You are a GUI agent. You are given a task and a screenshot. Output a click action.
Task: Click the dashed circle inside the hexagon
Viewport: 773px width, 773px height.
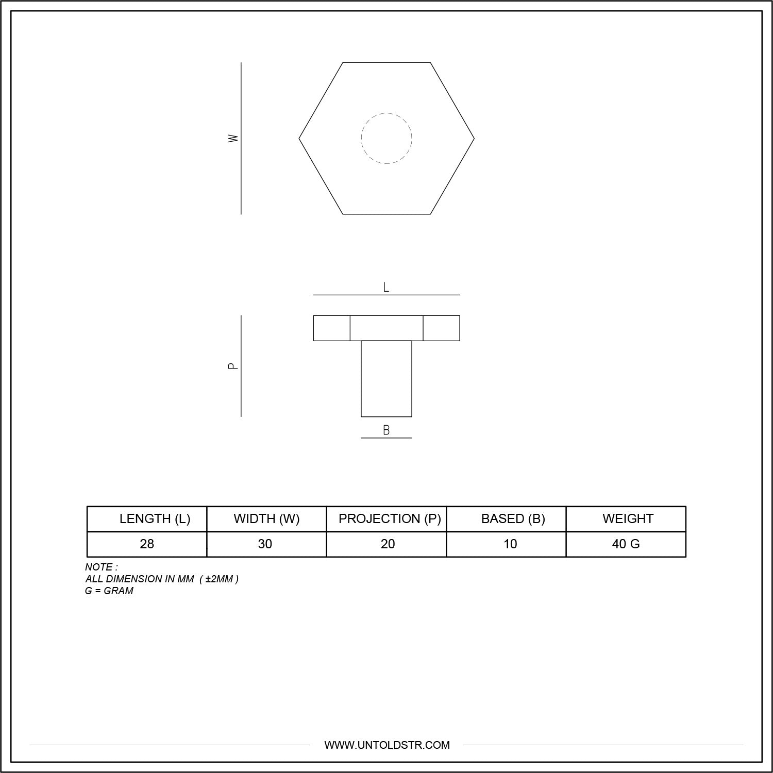(x=386, y=138)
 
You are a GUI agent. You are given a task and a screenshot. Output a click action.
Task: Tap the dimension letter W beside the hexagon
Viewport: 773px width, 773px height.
(x=233, y=138)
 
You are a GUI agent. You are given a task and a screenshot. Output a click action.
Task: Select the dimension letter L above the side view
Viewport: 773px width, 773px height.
(x=386, y=288)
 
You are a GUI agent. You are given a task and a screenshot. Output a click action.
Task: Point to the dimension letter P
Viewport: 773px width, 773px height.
(x=233, y=366)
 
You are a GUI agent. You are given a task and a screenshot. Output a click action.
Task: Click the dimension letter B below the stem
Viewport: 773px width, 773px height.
(x=386, y=430)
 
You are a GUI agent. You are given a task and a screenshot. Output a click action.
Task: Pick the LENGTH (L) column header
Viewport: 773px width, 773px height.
(x=155, y=518)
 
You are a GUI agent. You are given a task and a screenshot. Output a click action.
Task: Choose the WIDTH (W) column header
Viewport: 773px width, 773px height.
(x=266, y=518)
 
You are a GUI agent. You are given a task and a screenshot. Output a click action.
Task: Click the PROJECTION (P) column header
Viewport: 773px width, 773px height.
(x=390, y=518)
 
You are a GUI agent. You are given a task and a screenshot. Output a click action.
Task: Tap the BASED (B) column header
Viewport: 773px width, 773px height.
(x=513, y=518)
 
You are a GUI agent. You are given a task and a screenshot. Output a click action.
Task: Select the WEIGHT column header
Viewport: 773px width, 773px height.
(x=628, y=518)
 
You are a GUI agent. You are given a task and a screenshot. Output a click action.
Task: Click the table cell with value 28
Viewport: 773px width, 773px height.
(x=147, y=544)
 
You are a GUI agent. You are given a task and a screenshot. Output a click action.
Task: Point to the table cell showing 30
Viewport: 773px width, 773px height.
(x=265, y=544)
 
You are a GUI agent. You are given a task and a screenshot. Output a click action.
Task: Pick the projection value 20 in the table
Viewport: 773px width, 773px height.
(x=388, y=544)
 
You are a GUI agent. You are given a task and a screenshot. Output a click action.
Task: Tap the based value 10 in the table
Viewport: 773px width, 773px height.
(x=510, y=544)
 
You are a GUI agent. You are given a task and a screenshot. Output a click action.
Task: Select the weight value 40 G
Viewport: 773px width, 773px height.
(x=626, y=544)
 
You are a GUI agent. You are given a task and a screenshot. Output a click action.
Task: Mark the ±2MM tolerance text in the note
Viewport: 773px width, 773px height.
(x=219, y=579)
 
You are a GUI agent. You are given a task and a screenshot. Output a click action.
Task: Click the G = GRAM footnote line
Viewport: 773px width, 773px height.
(x=109, y=591)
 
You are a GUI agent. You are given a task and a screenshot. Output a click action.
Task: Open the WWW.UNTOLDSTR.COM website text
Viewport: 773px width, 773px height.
(x=386, y=745)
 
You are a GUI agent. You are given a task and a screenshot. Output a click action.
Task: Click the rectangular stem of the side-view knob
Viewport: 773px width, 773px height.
(x=386, y=378)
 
